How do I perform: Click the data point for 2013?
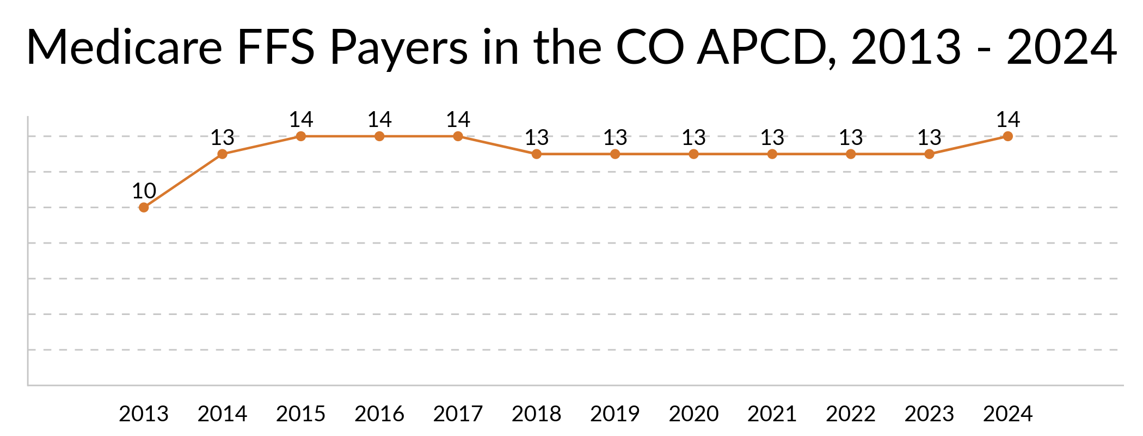pos(144,208)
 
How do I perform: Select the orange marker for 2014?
pos(222,154)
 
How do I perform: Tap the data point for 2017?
pos(458,136)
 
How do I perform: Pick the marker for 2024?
pos(1007,136)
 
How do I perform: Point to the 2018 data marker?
pos(537,154)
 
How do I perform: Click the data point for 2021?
pos(772,154)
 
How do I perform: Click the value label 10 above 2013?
pos(144,191)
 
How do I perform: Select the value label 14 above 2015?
pos(301,120)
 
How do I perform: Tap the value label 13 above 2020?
pos(693,138)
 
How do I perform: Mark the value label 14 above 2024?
pos(1007,120)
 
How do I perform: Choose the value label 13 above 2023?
pos(929,138)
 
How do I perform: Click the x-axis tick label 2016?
pos(379,414)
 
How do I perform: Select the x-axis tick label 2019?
pos(615,414)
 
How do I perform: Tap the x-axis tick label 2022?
pos(851,414)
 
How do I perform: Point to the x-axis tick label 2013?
pos(144,414)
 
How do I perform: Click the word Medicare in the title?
pos(124,47)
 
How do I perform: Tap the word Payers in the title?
pos(399,47)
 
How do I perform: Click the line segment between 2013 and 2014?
pos(183,181)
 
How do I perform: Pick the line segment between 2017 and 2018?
pos(497,145)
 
